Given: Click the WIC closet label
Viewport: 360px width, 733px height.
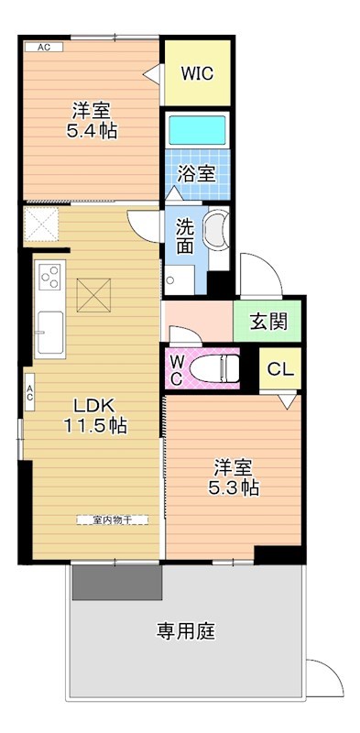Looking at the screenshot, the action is [197, 73].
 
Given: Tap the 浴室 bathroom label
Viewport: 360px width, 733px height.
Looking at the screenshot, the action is [196, 174].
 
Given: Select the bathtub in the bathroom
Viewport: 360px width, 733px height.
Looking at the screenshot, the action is [197, 130].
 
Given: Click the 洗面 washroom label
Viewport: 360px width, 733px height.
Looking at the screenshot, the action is [185, 236].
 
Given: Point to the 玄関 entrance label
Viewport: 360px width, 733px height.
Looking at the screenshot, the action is [268, 322].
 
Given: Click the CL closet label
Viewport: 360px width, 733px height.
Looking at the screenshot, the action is [280, 369].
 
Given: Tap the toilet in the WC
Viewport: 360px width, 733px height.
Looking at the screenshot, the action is [214, 368].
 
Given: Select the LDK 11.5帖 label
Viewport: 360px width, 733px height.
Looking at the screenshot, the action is [95, 416].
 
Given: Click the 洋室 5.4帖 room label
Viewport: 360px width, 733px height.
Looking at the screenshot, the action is [92, 121].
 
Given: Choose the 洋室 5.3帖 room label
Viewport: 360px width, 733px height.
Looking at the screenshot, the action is [234, 476].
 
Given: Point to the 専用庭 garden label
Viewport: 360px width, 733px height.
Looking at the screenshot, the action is [186, 631].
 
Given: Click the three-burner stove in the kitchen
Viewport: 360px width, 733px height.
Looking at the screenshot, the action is [50, 277].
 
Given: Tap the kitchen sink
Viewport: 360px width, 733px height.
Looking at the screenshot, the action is [50, 333].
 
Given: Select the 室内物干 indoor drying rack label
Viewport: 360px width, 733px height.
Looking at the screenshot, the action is [113, 520].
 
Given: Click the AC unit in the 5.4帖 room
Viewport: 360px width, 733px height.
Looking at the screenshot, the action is [44, 47].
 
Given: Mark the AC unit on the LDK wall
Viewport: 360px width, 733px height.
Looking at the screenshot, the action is [29, 392].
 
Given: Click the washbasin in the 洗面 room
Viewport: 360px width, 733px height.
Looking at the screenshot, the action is [217, 231].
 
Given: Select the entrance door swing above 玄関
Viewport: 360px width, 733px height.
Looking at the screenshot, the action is [261, 275].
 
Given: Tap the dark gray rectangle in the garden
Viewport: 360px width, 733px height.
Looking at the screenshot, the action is [117, 583].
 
